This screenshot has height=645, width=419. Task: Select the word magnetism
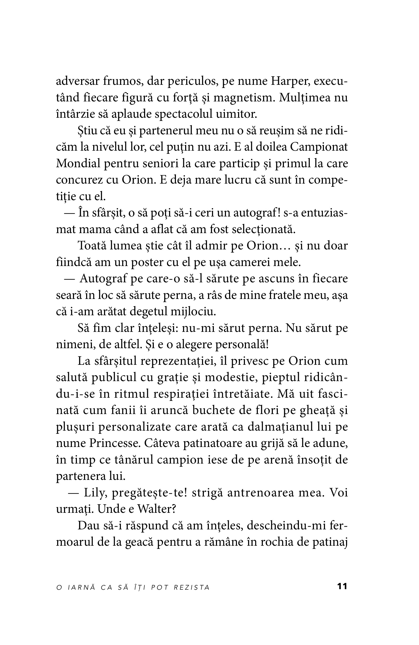[x=243, y=98]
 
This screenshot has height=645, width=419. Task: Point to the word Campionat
[x=319, y=147]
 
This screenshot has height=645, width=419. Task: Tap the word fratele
[x=285, y=295]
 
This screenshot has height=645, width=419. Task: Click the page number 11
[x=342, y=586]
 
